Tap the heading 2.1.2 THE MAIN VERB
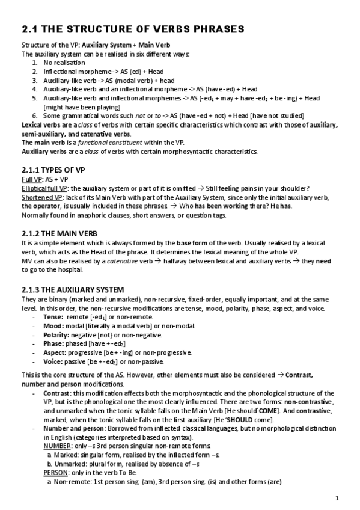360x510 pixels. [x=60, y=233]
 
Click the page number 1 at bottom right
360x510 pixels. [x=338, y=498]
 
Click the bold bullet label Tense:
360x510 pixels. [x=55, y=317]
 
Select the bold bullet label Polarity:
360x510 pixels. [x=58, y=334]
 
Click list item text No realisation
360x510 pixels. [x=64, y=62]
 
